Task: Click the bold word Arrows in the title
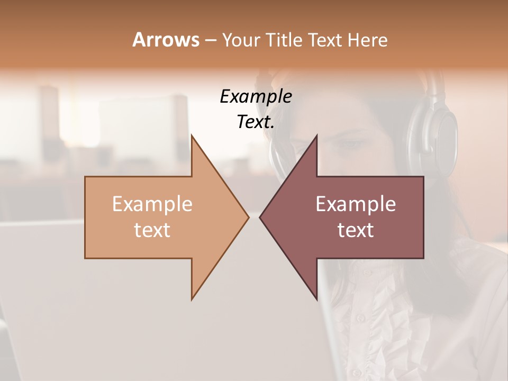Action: point(166,40)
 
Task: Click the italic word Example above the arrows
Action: point(256,96)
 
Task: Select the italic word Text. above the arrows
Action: point(256,122)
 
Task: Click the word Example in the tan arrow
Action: point(152,204)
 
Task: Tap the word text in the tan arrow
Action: point(152,230)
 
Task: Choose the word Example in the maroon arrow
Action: point(356,204)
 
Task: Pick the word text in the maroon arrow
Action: point(356,230)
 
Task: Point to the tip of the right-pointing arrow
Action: point(248,217)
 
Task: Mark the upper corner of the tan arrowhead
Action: point(192,135)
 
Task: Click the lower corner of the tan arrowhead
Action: point(192,299)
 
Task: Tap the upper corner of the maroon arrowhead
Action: point(316,135)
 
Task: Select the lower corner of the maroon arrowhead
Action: point(316,299)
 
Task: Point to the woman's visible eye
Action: point(350,143)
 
